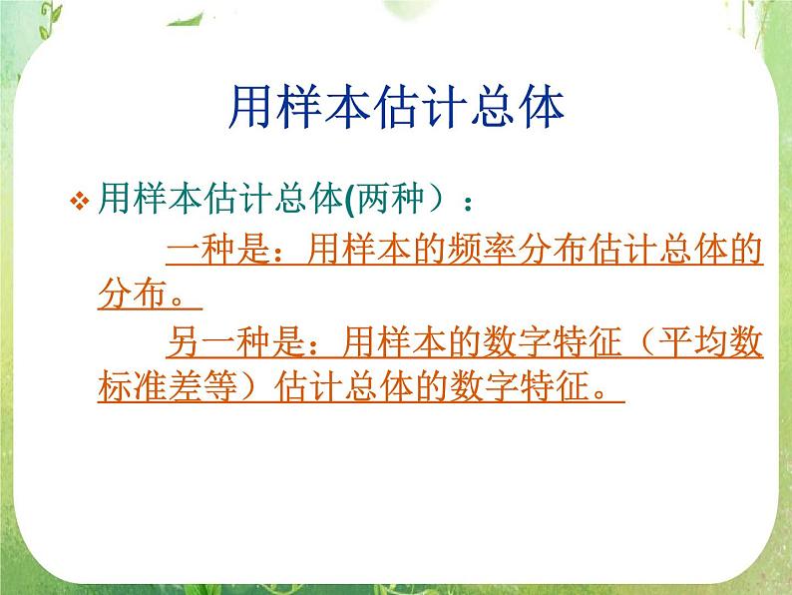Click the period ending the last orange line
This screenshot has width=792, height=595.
pos(601,391)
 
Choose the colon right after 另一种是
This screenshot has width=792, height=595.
pos(316,344)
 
